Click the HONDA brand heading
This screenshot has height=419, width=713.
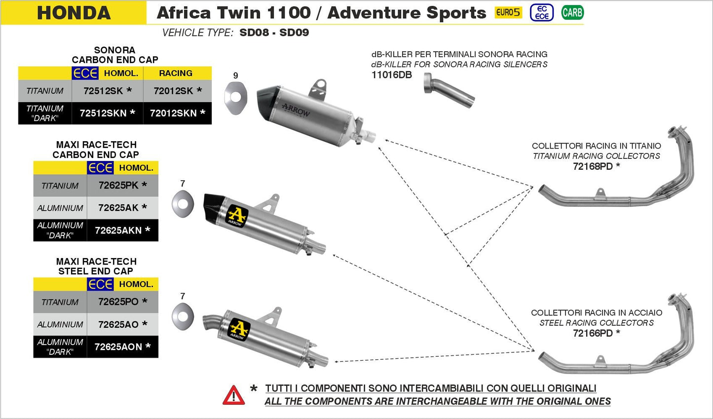click(x=74, y=13)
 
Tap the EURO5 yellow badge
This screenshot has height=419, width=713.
click(x=508, y=12)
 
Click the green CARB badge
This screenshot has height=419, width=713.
click(x=572, y=12)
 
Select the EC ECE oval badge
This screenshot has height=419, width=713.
click(x=541, y=13)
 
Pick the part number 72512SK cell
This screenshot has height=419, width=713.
click(x=107, y=91)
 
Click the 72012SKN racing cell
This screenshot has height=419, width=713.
click(x=177, y=113)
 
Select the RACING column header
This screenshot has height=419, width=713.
click(x=176, y=73)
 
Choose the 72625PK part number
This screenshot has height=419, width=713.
click(x=122, y=185)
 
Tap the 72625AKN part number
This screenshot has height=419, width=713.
click(x=122, y=230)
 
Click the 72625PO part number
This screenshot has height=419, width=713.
click(x=122, y=302)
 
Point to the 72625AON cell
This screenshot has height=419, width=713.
click(x=122, y=346)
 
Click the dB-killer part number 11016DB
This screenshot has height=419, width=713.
click(x=391, y=75)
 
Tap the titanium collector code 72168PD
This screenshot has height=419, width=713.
click(x=596, y=166)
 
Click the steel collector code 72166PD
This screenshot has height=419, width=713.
click(x=596, y=333)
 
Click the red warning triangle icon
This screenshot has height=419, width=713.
click(x=233, y=395)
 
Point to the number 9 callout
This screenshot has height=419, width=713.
click(x=235, y=76)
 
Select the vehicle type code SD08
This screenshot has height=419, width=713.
click(x=254, y=33)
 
